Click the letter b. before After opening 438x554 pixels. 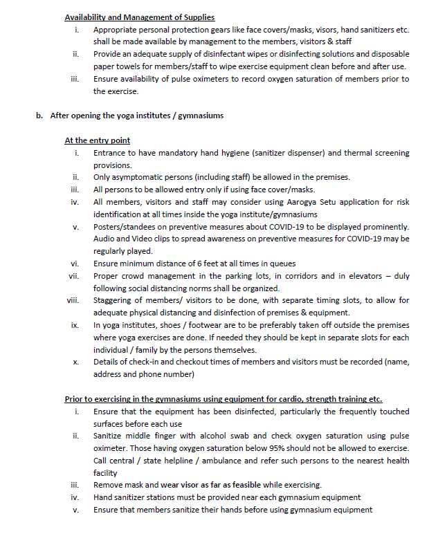40,116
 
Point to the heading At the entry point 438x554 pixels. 97,140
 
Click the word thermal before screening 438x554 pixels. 343,153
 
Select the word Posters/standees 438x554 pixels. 124,227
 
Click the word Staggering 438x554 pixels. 113,301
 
